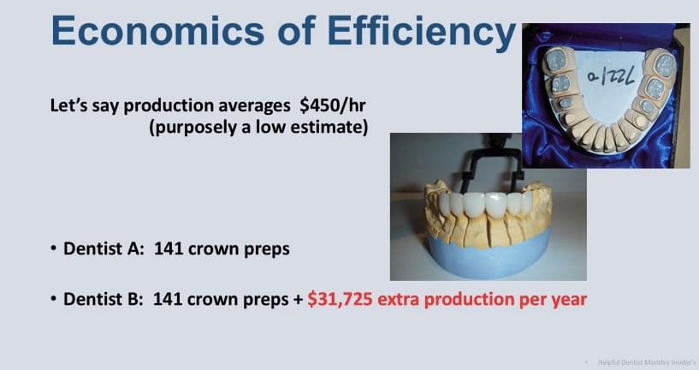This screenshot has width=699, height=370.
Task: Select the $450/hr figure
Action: tap(333, 106)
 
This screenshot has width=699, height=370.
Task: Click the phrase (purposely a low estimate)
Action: tap(258, 128)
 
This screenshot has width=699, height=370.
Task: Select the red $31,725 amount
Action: tap(340, 300)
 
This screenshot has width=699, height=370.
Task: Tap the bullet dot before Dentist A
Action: tap(54, 248)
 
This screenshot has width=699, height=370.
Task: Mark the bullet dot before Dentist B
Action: tap(54, 299)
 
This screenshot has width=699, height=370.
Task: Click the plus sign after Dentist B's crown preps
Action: tap(299, 300)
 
